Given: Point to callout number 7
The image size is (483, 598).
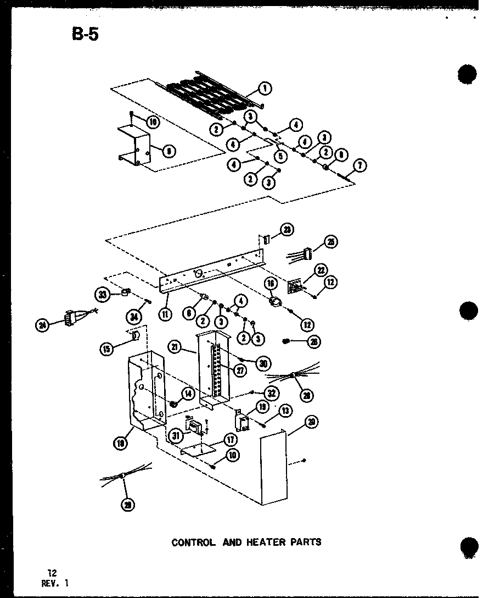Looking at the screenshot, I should pyautogui.click(x=360, y=165).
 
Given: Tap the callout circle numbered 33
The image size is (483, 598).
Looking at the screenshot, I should pyautogui.click(x=102, y=295).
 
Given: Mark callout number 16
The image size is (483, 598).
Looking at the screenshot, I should pyautogui.click(x=270, y=284).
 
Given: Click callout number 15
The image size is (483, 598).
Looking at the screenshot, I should pyautogui.click(x=108, y=347).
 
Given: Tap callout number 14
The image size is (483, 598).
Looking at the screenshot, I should pyautogui.click(x=188, y=394).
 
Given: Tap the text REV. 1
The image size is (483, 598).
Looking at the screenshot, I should pyautogui.click(x=55, y=583).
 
